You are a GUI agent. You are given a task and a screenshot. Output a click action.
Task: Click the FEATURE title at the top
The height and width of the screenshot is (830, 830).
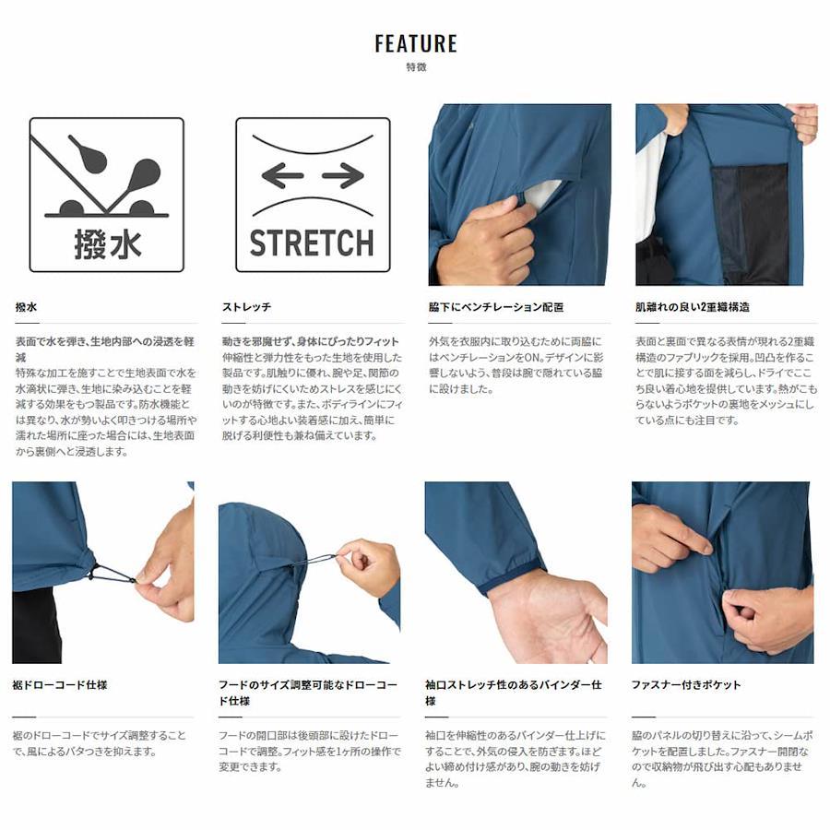point(416,43)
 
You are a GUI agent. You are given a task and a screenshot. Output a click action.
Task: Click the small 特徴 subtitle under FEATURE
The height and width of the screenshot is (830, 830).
point(416,67)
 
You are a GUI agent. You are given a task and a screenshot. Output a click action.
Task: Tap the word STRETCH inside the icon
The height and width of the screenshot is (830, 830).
point(312,243)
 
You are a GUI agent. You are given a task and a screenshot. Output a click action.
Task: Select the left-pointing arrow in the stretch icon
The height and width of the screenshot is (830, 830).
point(283,176)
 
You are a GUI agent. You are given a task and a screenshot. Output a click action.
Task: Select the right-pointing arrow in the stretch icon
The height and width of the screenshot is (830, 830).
point(343,176)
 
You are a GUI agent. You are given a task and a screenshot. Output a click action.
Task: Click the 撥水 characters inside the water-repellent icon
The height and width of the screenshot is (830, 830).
point(108,244)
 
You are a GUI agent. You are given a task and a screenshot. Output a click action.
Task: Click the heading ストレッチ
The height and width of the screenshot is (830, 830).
point(246,307)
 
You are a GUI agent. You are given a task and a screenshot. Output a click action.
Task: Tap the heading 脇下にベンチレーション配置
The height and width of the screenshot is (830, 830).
point(496,307)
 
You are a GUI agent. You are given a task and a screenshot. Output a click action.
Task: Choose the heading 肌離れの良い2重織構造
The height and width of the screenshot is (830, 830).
point(693,307)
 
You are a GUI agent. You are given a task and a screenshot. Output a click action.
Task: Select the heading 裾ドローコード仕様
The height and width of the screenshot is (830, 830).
point(60,685)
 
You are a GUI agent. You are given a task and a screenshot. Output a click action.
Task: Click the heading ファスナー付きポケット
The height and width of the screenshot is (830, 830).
point(686,685)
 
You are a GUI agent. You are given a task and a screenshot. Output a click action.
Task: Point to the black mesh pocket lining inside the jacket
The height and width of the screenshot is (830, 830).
point(749,222)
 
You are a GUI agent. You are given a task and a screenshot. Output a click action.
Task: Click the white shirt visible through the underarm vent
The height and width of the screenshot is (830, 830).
point(542,194)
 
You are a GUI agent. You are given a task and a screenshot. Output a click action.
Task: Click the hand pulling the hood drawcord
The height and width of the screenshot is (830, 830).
point(367,567)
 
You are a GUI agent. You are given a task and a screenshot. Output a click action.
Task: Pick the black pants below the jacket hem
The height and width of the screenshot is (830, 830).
point(37,627)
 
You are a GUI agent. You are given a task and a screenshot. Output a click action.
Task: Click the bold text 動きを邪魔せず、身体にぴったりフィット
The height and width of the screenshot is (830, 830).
point(311,341)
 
